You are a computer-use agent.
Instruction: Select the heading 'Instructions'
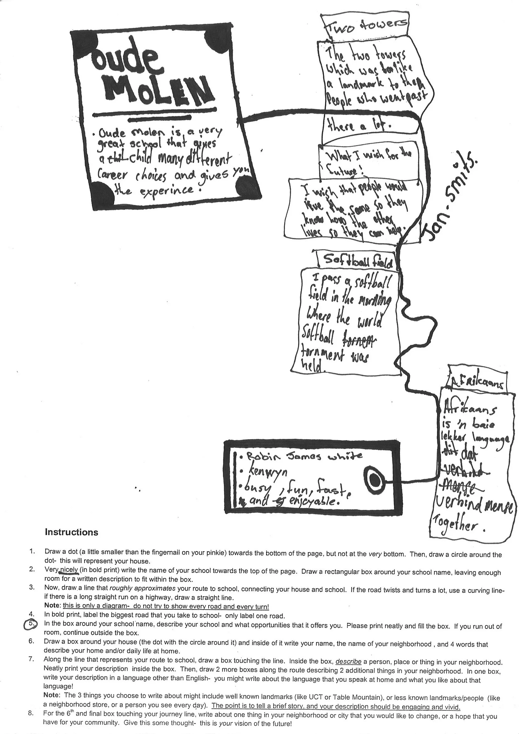click(71, 532)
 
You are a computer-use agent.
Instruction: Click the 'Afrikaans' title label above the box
click(478, 383)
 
